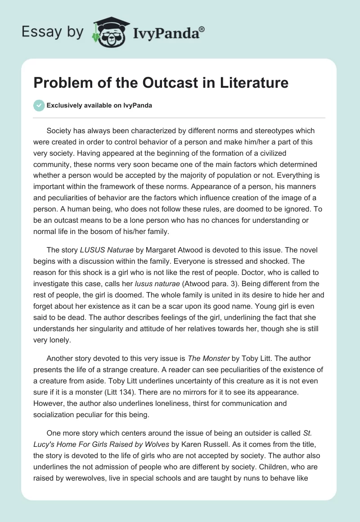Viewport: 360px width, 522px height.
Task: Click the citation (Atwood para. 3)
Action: pos(253,283)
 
